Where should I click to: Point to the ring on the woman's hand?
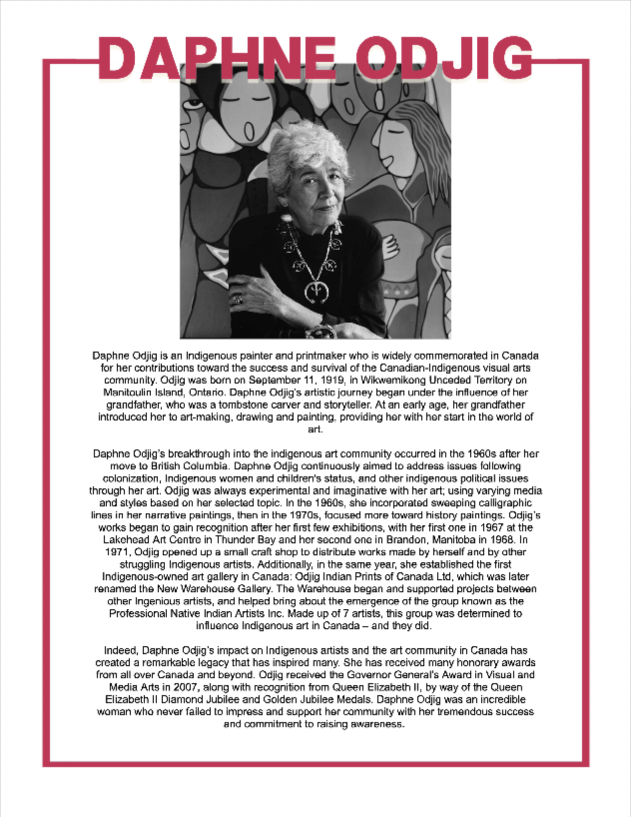click(x=238, y=300)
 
